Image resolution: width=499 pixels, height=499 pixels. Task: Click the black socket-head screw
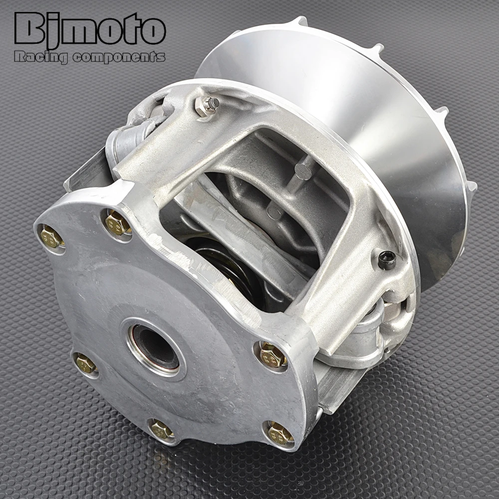coord(387,260)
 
